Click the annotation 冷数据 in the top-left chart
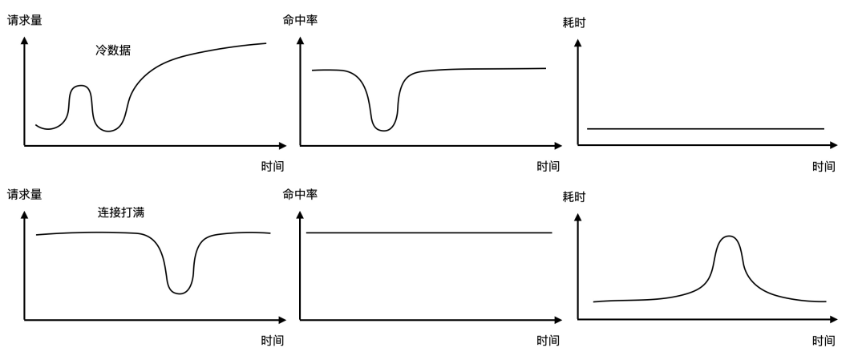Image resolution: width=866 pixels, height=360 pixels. tap(113, 50)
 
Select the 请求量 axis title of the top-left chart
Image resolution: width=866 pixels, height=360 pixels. tap(24, 20)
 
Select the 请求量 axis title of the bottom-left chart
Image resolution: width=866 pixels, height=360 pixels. tap(24, 194)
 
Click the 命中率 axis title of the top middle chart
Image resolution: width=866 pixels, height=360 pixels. tap(300, 20)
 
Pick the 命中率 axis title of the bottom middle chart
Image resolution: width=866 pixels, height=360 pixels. tap(300, 194)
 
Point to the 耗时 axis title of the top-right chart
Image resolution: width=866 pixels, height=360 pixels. tap(574, 22)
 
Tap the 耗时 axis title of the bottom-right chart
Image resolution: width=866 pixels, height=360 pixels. tap(574, 196)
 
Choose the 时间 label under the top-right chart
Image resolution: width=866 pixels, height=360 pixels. tap(824, 167)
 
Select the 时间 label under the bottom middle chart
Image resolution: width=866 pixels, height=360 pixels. tap(548, 341)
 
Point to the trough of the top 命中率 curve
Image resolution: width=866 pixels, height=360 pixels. tap(385, 130)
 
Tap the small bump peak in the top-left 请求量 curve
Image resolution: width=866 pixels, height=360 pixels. tap(79, 85)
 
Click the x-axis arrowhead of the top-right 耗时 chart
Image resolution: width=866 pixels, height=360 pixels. tap(834, 145)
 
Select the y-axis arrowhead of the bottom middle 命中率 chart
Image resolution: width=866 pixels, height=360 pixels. tap(300, 214)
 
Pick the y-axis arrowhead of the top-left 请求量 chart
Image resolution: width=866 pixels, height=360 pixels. tap(25, 39)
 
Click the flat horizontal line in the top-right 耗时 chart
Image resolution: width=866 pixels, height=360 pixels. tap(706, 128)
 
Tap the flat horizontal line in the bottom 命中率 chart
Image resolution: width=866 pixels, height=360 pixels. tap(429, 233)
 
